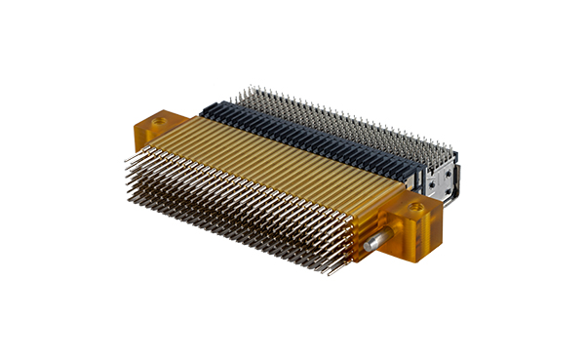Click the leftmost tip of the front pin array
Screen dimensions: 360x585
[x=125, y=159]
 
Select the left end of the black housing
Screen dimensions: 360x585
[x=207, y=105]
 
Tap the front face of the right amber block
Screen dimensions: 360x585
[x=409, y=234]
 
